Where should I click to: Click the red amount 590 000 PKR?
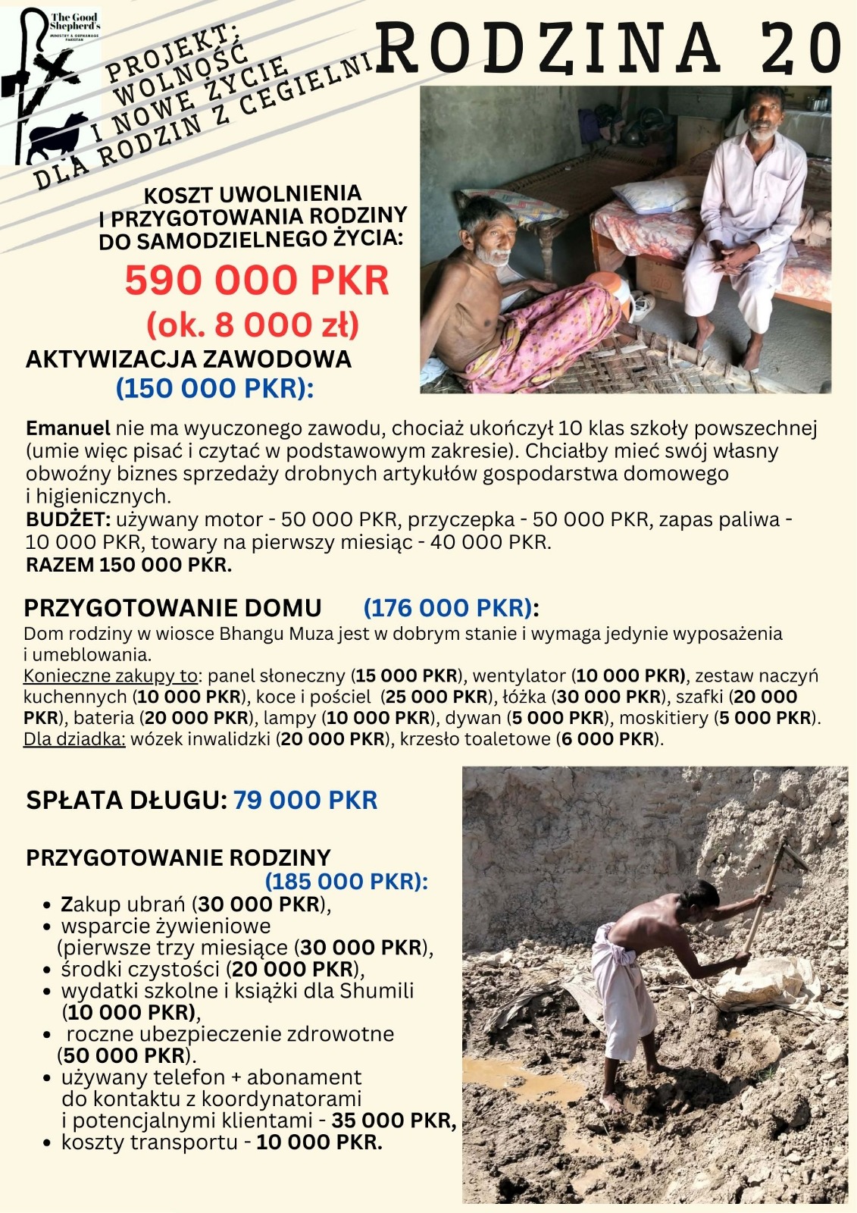[257, 280]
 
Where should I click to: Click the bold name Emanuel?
[67, 428]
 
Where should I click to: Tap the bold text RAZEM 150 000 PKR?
[129, 566]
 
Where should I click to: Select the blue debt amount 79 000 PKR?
[305, 801]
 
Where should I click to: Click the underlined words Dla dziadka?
[74, 739]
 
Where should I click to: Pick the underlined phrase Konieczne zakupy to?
[110, 675]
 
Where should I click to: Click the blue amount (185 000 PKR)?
[346, 882]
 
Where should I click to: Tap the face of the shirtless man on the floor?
[491, 238]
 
